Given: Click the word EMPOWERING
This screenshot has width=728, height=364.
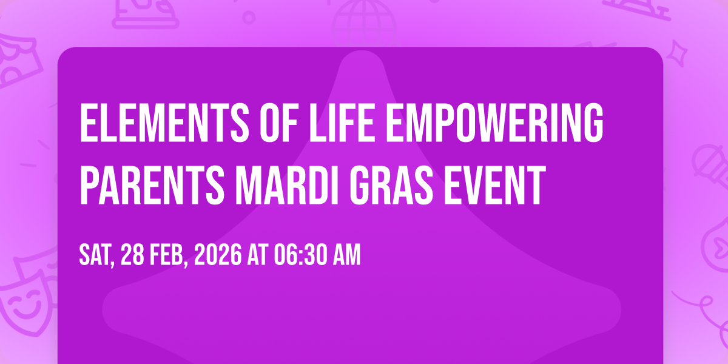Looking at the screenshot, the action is [494, 123].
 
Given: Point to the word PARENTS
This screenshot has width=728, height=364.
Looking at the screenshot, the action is [152, 184].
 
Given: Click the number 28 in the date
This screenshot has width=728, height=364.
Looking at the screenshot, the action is [132, 255].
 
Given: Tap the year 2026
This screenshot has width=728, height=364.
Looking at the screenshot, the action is [218, 255].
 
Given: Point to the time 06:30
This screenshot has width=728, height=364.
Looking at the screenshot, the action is [298, 255].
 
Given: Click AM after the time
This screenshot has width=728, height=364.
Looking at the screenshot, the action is [345, 255].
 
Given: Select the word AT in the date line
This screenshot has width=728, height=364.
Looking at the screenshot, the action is [258, 255].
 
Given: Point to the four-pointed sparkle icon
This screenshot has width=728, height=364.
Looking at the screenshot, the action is [677, 53].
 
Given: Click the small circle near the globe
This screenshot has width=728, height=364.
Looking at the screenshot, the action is [249, 18].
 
